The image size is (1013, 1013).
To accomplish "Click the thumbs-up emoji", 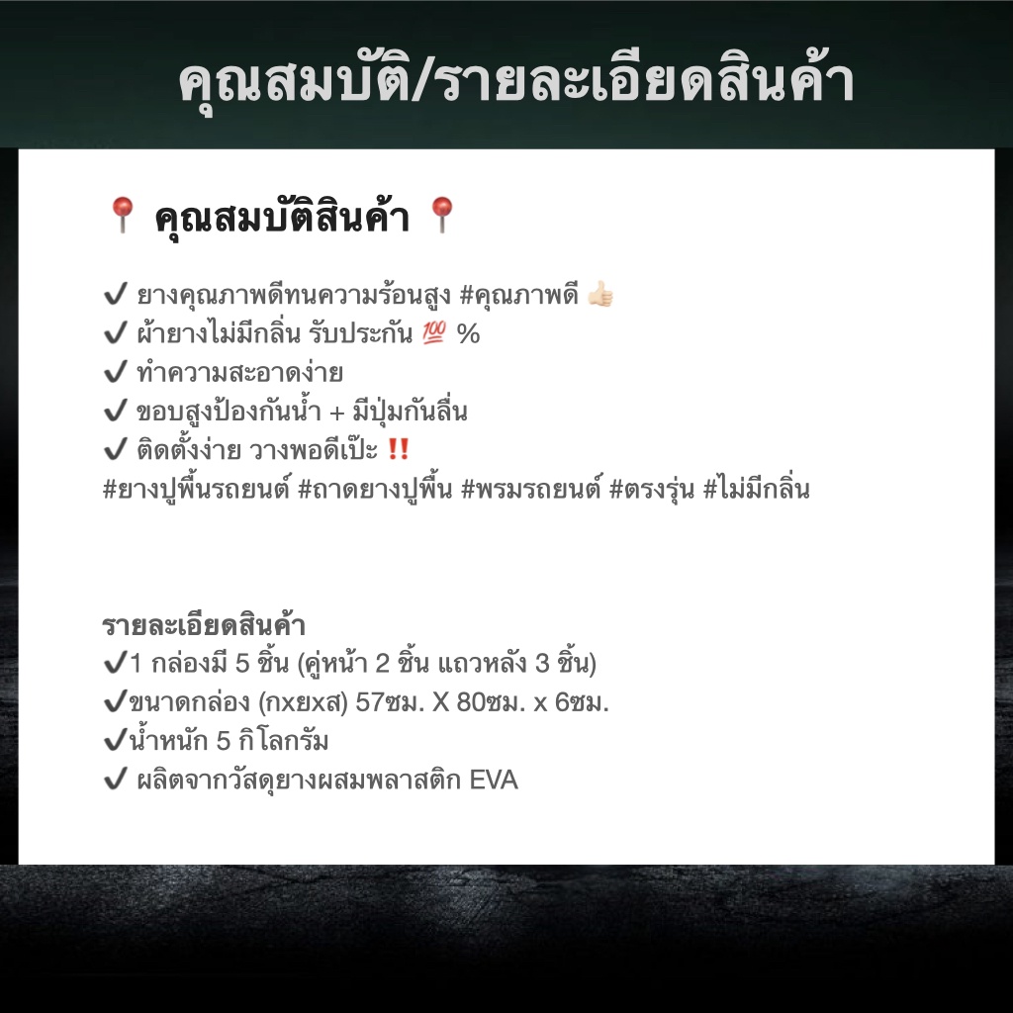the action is coord(600,295).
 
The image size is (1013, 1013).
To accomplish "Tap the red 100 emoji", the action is coord(434,332).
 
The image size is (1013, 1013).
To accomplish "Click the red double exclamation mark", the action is coord(399,449).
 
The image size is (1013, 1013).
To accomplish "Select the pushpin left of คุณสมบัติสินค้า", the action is coord(122,215).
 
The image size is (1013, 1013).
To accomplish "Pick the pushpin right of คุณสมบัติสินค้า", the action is coord(442,215).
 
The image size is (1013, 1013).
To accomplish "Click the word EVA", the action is coord(494,780).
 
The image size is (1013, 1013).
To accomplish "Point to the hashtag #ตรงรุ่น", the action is coord(652,490).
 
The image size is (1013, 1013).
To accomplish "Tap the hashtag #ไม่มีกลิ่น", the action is coord(756,489).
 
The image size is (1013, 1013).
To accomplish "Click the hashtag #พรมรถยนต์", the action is coord(531,490).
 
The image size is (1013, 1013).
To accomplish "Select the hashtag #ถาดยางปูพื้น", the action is coord(375,490).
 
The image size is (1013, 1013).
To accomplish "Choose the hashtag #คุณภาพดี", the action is coord(518,295).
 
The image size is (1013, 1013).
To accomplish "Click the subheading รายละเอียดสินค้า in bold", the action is coord(204,625).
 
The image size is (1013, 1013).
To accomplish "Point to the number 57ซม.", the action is coord(390,701).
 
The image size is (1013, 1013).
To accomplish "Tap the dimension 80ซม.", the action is coord(491,701).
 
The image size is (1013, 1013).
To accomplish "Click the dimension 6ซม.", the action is coord(582,701).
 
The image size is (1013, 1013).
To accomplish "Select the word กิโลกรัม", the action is coord(283,740).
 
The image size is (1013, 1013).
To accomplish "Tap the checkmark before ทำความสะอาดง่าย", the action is coord(116,372).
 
